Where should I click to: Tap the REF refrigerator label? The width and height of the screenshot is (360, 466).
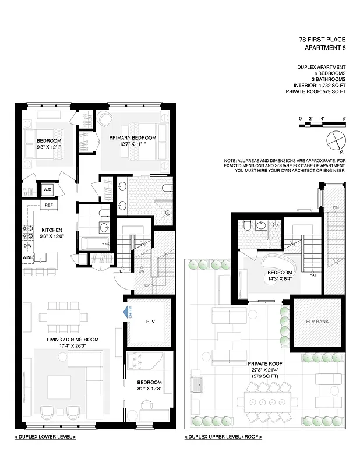[x=49, y=206]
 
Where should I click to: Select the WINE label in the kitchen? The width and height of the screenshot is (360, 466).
[x=27, y=257]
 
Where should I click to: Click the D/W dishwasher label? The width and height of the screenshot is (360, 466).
[x=27, y=246]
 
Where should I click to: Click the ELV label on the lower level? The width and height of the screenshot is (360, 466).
[x=150, y=321]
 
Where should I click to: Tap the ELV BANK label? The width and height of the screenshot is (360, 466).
[x=318, y=320]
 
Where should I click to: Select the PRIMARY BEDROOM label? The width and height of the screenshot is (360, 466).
[x=133, y=137]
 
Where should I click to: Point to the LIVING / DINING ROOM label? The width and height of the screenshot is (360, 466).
[x=73, y=340]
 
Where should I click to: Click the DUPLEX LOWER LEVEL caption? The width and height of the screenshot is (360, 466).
[x=45, y=436]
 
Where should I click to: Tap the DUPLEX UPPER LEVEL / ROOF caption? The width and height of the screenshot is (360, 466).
[x=223, y=436]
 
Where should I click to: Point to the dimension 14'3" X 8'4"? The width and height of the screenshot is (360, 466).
[x=280, y=280]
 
